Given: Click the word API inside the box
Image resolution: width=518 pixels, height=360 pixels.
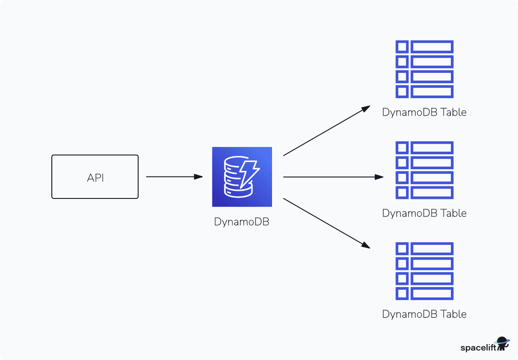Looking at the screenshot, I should pyautogui.click(x=95, y=177).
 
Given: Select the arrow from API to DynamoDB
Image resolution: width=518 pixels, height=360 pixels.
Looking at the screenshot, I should pyautogui.click(x=173, y=177).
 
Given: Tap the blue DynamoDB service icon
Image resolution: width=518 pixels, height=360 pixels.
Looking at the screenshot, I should pyautogui.click(x=242, y=177).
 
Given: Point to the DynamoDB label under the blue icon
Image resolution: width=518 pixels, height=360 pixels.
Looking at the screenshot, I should pyautogui.click(x=242, y=221).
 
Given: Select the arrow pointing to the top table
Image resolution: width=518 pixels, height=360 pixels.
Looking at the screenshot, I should pyautogui.click(x=326, y=131).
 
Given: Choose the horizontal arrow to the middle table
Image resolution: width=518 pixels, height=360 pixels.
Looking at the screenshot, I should pyautogui.click(x=333, y=177).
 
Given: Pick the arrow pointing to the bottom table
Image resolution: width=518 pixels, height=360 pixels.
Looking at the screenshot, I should pyautogui.click(x=326, y=223).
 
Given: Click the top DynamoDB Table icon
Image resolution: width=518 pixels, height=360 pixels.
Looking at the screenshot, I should pyautogui.click(x=424, y=69).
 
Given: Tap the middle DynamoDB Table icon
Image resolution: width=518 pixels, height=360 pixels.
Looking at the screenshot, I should pyautogui.click(x=424, y=170).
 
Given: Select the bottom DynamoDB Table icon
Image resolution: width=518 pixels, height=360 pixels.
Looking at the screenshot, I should pyautogui.click(x=424, y=271).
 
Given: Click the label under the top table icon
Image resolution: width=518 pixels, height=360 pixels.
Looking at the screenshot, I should pyautogui.click(x=424, y=112).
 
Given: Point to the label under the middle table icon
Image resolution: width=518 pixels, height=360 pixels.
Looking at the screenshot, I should pyautogui.click(x=424, y=213).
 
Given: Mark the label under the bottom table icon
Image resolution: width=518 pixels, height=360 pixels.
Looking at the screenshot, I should pyautogui.click(x=424, y=314).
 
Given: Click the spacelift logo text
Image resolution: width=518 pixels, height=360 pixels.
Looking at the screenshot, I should pyautogui.click(x=478, y=347).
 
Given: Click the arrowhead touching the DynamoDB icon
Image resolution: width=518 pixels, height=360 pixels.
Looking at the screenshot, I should pyautogui.click(x=199, y=177).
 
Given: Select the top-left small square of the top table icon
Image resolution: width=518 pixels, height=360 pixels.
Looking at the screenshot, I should pyautogui.click(x=402, y=47).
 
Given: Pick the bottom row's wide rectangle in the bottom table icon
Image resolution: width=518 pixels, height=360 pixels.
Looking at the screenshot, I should pyautogui.click(x=432, y=293).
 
